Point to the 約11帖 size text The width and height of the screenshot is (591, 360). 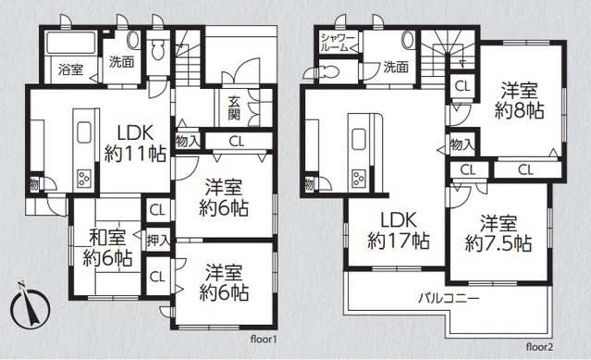click(134, 154)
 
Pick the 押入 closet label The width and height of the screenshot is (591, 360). click(158, 241)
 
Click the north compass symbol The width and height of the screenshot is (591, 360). click(30, 307)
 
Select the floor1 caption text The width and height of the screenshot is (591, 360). click(263, 340)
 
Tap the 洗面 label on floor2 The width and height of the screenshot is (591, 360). click(396, 67)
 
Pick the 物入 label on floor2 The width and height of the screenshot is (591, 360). click(462, 145)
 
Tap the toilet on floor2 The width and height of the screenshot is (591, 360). click(410, 41)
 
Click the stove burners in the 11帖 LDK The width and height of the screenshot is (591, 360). click(81, 175)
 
